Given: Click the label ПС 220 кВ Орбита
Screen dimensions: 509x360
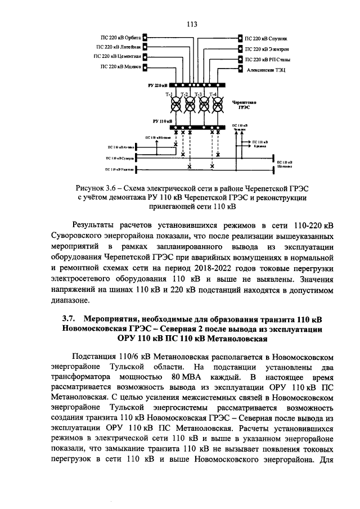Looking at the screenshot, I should tap(121, 38).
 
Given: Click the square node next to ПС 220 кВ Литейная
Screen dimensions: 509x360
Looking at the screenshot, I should tap(145, 47).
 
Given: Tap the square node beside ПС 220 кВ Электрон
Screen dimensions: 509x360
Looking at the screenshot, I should tap(241, 49).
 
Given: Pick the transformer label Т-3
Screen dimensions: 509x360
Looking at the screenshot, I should tap(197, 94).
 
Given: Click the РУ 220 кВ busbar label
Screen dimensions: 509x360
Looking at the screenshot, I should tap(157, 85).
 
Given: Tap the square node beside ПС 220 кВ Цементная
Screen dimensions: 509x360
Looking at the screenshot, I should tap(145, 57).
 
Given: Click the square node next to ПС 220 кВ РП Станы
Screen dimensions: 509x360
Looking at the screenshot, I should tap(241, 58).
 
